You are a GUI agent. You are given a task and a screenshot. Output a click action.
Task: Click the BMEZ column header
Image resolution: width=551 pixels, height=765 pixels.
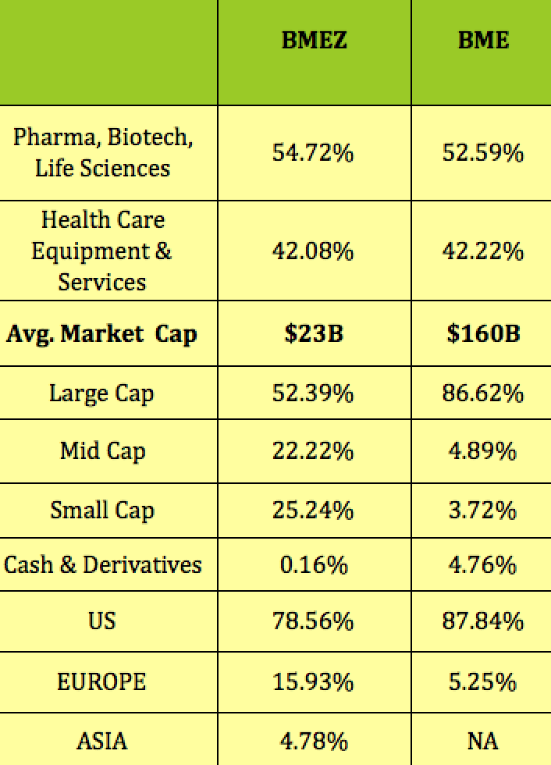click(x=314, y=40)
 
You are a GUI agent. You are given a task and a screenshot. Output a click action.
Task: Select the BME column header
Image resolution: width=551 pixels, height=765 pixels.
click(x=483, y=40)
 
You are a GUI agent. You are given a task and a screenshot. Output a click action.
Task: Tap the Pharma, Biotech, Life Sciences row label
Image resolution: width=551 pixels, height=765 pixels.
click(x=103, y=153)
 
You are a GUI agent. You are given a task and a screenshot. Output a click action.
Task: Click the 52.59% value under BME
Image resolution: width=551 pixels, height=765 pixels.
click(x=482, y=153)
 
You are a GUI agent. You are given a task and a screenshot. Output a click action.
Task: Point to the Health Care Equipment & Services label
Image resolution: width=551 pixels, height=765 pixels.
click(x=102, y=251)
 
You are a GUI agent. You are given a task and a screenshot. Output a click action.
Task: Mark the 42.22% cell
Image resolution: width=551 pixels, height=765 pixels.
click(x=482, y=251)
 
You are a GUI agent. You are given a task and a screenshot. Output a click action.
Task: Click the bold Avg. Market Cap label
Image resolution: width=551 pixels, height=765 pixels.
click(x=101, y=334)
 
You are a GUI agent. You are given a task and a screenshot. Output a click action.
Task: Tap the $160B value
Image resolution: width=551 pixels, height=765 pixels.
click(x=483, y=334)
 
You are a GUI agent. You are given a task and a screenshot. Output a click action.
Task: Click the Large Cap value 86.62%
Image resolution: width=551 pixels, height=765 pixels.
click(x=482, y=393)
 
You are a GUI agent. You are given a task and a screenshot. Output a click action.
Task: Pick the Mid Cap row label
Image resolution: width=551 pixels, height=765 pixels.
click(x=102, y=451)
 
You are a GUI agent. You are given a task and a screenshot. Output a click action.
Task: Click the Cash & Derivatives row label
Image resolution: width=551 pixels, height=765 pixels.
click(x=103, y=564)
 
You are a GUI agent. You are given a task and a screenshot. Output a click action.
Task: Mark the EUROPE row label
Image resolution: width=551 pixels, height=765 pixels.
click(x=101, y=681)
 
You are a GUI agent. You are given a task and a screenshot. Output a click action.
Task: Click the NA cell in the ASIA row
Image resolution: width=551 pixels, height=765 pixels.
click(x=483, y=740)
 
